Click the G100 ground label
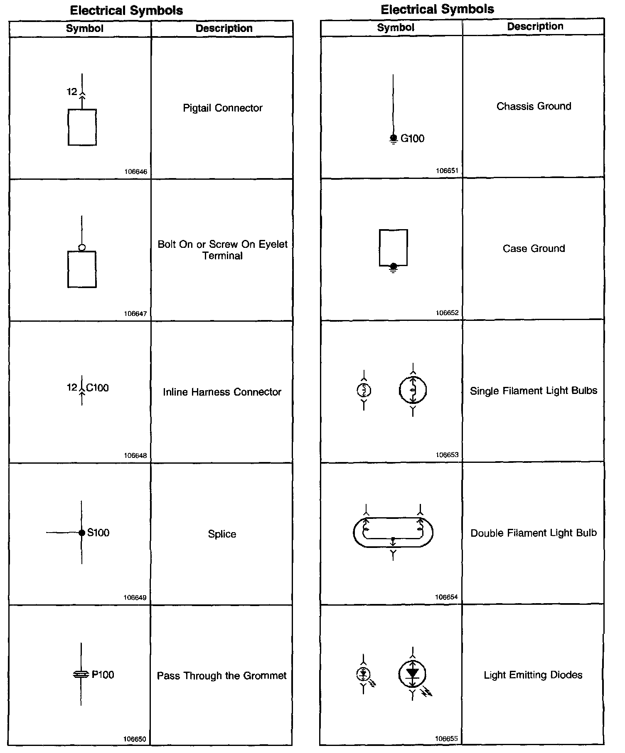[412, 139]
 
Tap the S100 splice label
[98, 533]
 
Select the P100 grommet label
[103, 675]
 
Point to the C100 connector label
[97, 388]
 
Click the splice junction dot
[82, 533]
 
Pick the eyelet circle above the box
[82, 248]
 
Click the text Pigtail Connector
[223, 108]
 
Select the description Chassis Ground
[534, 106]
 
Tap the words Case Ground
[534, 249]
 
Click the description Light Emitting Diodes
[533, 675]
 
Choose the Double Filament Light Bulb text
[534, 533]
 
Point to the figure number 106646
[135, 171]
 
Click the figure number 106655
[447, 738]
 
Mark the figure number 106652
[447, 313]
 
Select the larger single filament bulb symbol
[413, 390]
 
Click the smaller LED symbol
[364, 674]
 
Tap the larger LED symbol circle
[412, 673]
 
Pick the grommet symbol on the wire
[81, 675]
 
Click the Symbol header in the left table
[84, 29]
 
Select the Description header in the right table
[535, 27]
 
